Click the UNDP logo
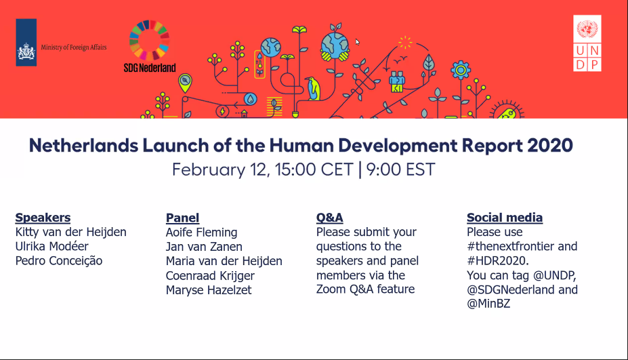point(587,43)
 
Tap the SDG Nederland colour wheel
point(149,40)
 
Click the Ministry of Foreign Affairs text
point(74,47)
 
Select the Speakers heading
point(43,217)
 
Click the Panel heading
point(182,218)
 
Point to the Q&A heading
point(330,217)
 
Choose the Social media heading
point(505,217)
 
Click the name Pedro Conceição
point(59,260)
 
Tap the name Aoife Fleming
point(201,232)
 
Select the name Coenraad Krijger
point(210,275)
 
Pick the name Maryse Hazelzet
point(209,290)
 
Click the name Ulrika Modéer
point(51,246)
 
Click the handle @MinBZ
point(488,304)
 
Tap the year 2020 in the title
point(550,145)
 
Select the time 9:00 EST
point(400,169)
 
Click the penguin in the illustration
point(313,89)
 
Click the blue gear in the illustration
point(461,71)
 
